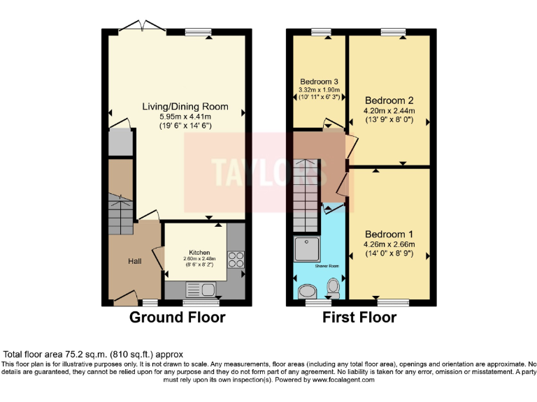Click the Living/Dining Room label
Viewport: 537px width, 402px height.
pos(185,107)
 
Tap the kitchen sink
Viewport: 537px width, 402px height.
pos(201,289)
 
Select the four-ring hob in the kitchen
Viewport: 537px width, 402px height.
pos(236,259)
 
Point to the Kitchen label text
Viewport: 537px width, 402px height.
pos(199,252)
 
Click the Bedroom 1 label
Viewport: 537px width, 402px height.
pos(389,234)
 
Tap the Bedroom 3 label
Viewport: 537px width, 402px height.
pos(320,81)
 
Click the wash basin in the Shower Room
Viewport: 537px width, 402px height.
pos(334,286)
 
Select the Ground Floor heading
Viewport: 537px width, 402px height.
pos(178,318)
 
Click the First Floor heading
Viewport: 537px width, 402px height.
pos(359,318)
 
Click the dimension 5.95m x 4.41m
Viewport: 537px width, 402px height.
pos(185,117)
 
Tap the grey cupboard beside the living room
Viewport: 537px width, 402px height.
pos(120,142)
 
